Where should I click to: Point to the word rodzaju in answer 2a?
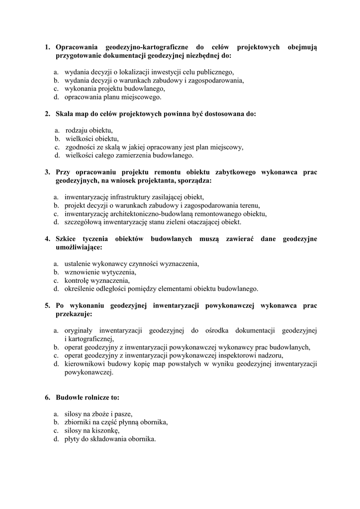click(x=77, y=130)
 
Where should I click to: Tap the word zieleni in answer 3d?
click(x=185, y=222)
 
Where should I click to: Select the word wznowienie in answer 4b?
click(x=81, y=272)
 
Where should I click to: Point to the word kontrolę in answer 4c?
click(x=78, y=280)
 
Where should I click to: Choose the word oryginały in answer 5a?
click(x=80, y=330)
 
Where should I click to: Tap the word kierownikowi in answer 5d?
click(x=85, y=364)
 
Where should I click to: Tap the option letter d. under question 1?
click(x=57, y=97)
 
